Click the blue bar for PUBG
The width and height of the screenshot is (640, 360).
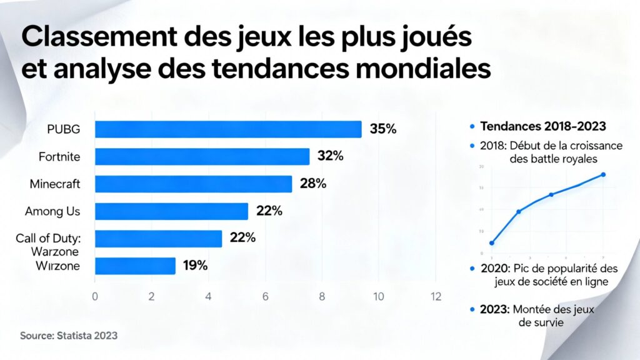point(228,129)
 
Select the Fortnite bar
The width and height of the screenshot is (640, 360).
point(202,156)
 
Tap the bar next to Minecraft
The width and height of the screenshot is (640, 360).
point(193,184)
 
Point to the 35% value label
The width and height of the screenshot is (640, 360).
point(383,129)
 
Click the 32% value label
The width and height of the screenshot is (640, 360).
point(330,156)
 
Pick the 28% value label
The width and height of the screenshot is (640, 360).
point(312,184)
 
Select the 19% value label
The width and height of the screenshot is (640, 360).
point(195,266)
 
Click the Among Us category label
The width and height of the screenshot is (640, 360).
point(52,211)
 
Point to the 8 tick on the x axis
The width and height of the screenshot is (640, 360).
point(322,296)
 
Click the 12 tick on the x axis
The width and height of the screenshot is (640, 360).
point(436,296)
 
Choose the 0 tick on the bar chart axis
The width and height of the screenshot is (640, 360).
point(95,296)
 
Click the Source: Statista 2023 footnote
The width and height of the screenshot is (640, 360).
point(69,336)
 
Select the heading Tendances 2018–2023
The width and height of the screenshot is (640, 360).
point(542,126)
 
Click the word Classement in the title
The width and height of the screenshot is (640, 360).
point(96,38)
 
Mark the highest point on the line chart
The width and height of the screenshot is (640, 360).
point(603,174)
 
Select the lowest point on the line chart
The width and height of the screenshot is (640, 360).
point(492,242)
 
